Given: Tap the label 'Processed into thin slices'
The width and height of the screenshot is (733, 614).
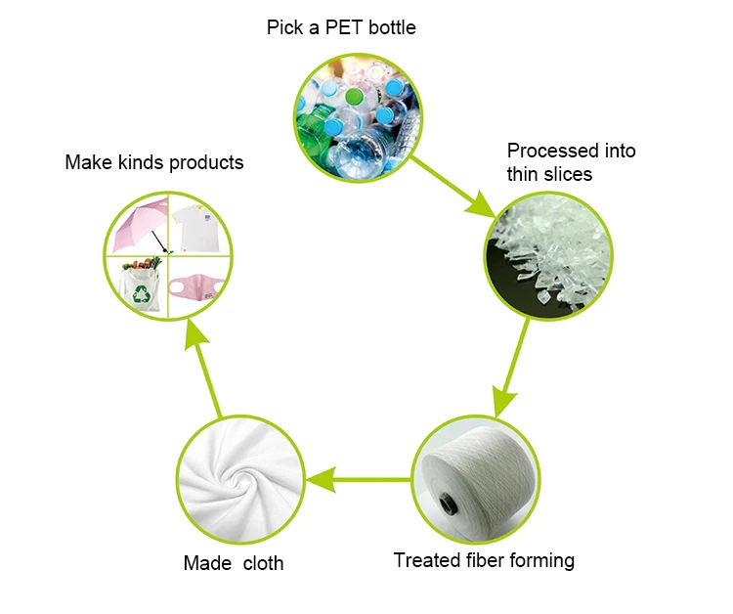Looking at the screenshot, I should (571, 162).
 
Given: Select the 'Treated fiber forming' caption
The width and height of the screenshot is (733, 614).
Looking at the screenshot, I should (484, 560).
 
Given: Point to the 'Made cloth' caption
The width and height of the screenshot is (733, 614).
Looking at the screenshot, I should (234, 563).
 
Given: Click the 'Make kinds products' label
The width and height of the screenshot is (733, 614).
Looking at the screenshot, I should (154, 162).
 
